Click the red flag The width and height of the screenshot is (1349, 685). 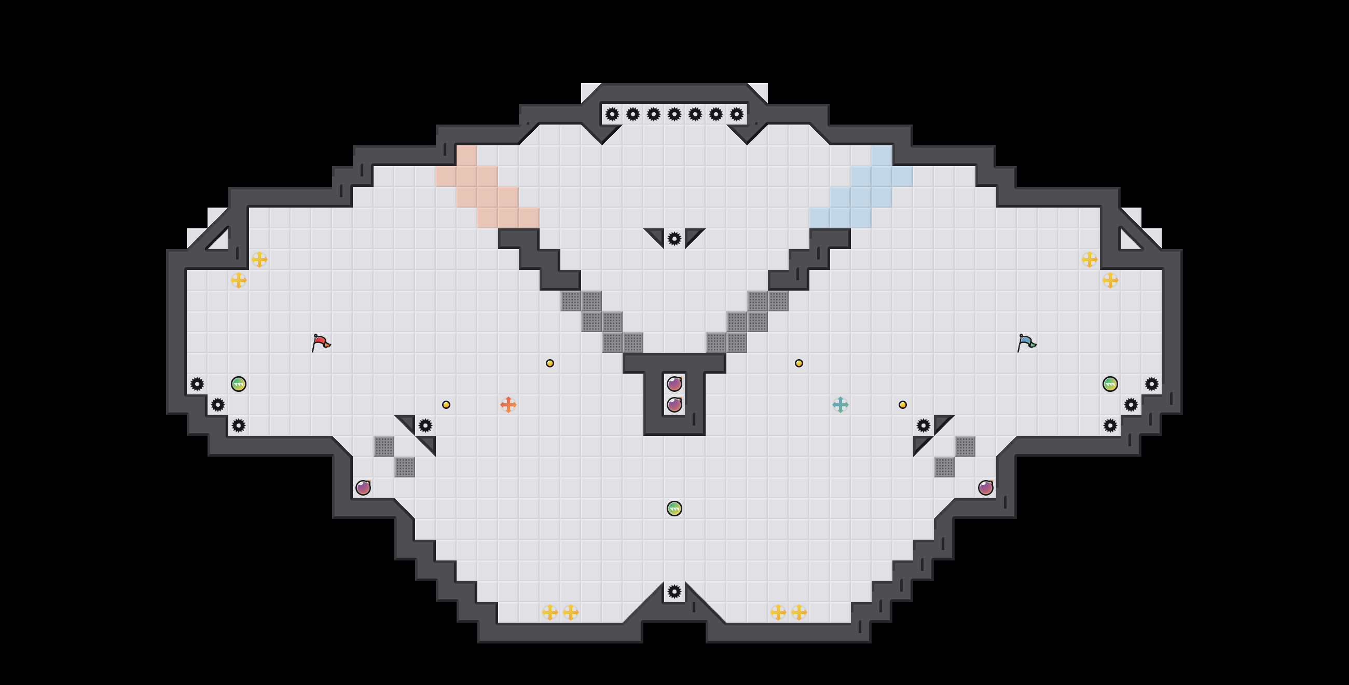click(321, 342)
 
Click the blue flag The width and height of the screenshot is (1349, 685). click(1026, 342)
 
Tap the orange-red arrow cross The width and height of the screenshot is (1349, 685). click(508, 404)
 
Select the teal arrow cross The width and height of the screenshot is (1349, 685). click(840, 404)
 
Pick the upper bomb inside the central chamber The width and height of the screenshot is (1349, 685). click(674, 384)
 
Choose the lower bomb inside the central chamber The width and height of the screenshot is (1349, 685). click(674, 404)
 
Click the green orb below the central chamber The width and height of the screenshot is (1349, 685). click(674, 508)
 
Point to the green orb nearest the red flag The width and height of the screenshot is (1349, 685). click(238, 384)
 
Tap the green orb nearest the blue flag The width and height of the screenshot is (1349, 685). click(1110, 384)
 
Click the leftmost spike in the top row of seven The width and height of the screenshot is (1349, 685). click(612, 114)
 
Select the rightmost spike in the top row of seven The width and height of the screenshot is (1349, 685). click(736, 114)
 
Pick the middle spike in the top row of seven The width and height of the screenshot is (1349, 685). click(674, 114)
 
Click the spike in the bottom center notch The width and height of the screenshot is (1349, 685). click(674, 591)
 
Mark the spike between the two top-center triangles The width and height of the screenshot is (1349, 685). click(674, 239)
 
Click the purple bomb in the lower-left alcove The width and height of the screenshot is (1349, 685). click(363, 488)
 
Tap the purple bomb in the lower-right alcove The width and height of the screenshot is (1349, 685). click(986, 488)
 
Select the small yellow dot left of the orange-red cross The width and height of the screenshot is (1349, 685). click(446, 404)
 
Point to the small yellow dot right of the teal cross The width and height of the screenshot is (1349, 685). click(902, 404)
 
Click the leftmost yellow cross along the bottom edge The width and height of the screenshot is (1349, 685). click(549, 612)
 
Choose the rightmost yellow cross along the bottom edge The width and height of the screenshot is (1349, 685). click(799, 612)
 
